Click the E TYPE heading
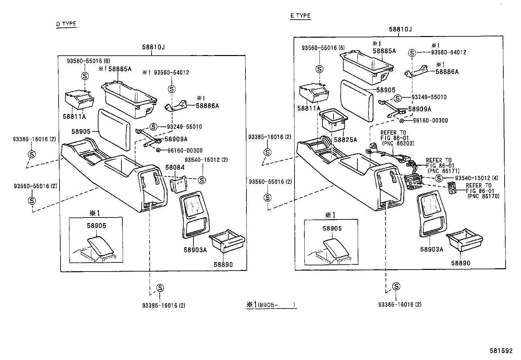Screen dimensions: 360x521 (x=300, y=16)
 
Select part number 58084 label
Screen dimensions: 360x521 (x=175, y=167)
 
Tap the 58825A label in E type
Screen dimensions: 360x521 (x=345, y=140)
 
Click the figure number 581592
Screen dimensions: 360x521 (x=501, y=351)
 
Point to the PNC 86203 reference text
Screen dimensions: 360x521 (x=397, y=143)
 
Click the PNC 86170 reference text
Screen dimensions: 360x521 (x=484, y=196)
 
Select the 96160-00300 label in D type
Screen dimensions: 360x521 (x=185, y=150)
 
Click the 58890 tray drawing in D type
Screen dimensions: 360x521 (x=227, y=242)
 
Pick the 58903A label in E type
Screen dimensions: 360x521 (x=432, y=249)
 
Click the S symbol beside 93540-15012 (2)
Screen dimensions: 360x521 (x=202, y=180)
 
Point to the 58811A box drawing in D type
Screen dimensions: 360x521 (x=80, y=100)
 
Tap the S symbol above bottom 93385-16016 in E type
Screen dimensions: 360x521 (x=396, y=286)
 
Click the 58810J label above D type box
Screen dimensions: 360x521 (x=153, y=47)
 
